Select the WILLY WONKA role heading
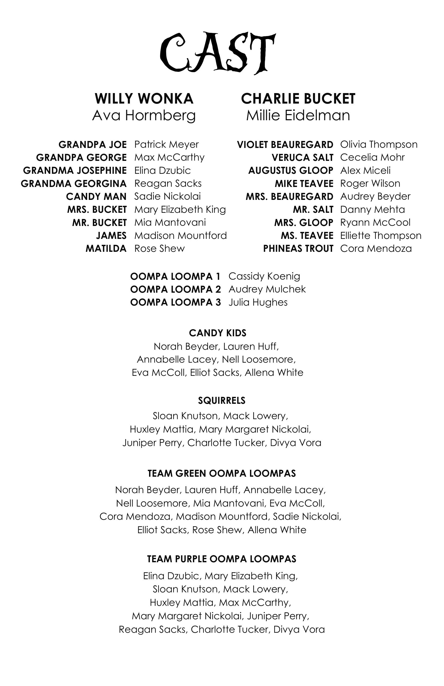pos(144,99)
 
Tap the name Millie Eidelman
pos(298,116)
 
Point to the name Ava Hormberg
pos(144,116)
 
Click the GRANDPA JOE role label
pos(93,144)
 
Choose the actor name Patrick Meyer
pos(166,144)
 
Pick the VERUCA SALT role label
pos(302,157)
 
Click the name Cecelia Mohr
pos(372,157)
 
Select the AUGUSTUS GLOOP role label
pos(291,171)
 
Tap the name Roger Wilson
pos(370,183)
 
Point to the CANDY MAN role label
pos(96,197)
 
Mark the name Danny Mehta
pos(372,210)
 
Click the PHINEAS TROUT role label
pos(298,249)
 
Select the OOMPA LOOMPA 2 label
pos(175,289)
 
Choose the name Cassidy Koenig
pos(264,276)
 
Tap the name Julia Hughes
pos(258,302)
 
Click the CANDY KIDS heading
pos(218,333)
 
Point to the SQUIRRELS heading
pos(222,401)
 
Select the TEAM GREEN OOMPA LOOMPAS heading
pos(222,473)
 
